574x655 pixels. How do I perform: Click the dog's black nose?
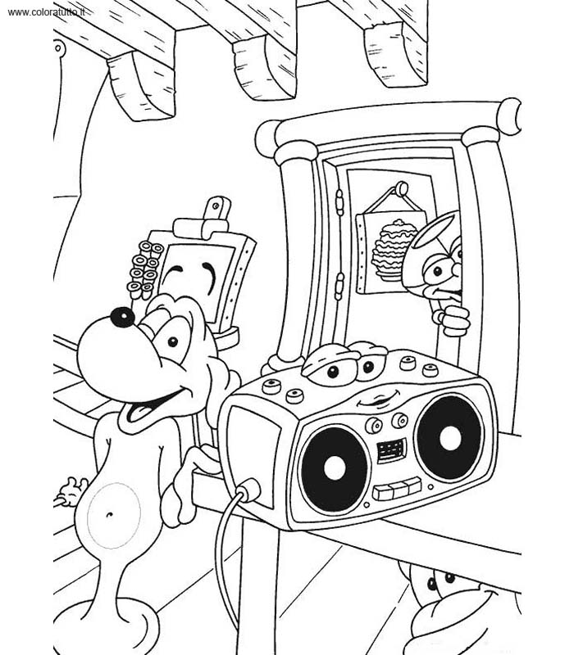pos(122,318)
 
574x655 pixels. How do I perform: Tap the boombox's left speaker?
pos(335,469)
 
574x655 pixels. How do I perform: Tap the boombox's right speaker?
pos(449,438)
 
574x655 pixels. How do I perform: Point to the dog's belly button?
pos(110,514)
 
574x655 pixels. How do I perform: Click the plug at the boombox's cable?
pos(249,489)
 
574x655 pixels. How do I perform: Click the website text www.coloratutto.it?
pos(46,12)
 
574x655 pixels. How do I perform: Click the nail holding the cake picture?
pos(401,189)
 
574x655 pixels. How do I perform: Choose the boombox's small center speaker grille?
pos(392,451)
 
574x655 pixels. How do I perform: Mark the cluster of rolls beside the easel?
pos(143,269)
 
